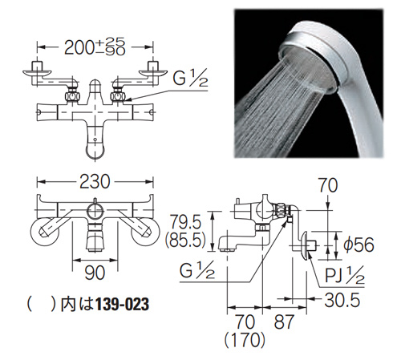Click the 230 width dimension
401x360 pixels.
tap(95, 182)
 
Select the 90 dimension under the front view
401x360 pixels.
tap(95, 273)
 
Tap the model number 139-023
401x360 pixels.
tap(122, 305)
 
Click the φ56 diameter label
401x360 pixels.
tap(358, 245)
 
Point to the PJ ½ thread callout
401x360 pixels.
tap(345, 275)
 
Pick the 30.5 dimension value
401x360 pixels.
tap(342, 300)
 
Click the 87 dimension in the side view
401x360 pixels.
tap(284, 322)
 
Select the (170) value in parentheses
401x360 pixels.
tap(245, 340)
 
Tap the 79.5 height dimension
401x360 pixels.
tap(186, 222)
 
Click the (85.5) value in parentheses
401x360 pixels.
tap(185, 240)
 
